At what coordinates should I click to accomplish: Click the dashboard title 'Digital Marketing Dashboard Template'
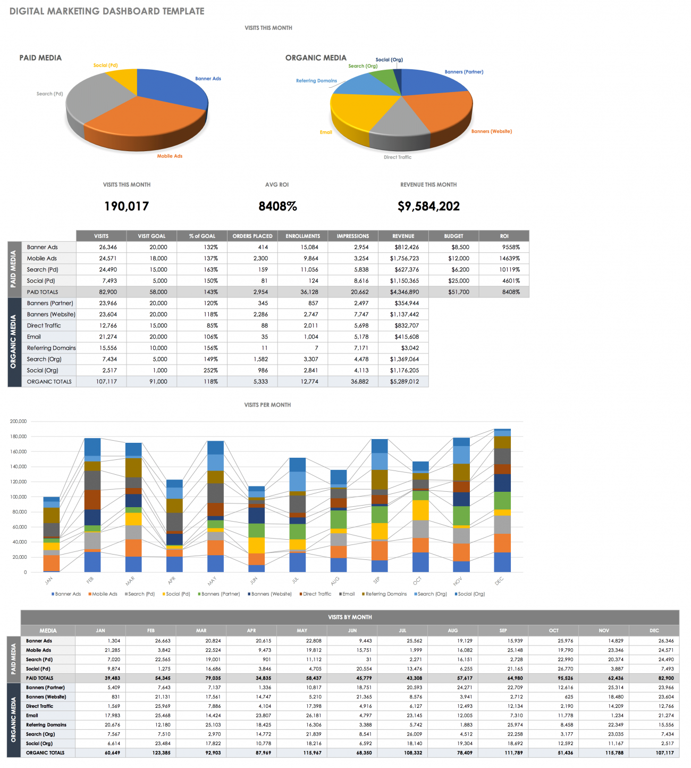(107, 11)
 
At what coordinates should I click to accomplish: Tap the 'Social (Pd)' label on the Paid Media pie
(105, 65)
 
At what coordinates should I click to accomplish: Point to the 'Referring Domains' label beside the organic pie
(316, 81)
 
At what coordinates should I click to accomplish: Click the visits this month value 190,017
(127, 207)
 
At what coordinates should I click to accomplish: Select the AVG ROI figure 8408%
(277, 207)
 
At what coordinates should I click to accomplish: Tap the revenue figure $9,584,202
(428, 207)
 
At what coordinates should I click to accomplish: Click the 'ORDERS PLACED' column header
(252, 236)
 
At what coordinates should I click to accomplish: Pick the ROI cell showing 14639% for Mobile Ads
(509, 259)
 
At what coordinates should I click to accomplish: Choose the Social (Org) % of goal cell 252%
(210, 370)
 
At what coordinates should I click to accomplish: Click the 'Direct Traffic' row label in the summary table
(44, 326)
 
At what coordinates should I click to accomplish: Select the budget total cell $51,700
(458, 292)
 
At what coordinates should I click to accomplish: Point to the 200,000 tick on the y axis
(18, 422)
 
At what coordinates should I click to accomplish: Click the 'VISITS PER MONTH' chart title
(267, 405)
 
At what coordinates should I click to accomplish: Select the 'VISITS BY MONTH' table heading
(350, 617)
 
